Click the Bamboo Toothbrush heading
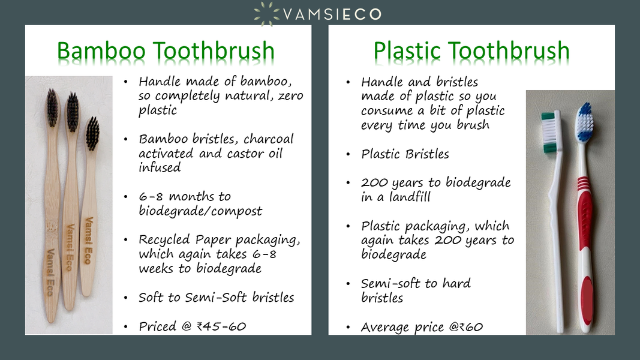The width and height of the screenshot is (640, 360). coord(166,52)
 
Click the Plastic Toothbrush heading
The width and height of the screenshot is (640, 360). coord(471,52)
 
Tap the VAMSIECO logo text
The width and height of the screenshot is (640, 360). coord(332,14)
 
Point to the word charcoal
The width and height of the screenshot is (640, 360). coord(268,139)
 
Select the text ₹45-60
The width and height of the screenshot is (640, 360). coord(221,326)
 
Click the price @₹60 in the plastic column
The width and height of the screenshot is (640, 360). coord(465,327)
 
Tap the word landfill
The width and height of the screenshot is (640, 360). coord(410,197)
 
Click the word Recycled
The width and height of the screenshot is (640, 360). coord(164,239)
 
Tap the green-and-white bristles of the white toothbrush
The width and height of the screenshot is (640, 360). coord(549,132)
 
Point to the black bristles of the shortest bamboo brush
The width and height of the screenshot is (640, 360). coord(92,133)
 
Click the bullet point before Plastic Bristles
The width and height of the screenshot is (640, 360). coord(348,155)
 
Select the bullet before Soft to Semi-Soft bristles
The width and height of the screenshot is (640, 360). coord(126,298)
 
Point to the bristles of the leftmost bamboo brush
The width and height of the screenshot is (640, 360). coord(53,107)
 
